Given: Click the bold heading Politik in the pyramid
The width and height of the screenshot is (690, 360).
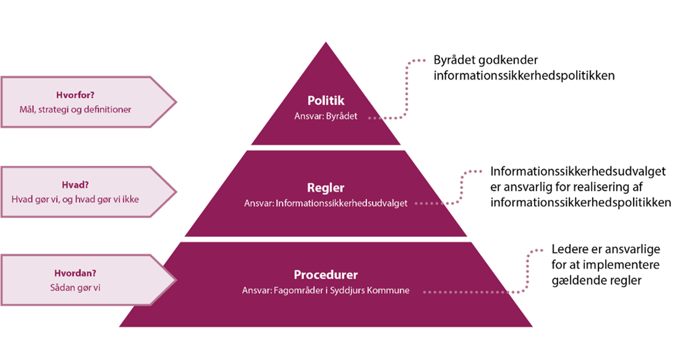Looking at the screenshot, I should pyautogui.click(x=326, y=101).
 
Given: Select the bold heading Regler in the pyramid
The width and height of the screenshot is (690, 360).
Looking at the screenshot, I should pyautogui.click(x=326, y=188).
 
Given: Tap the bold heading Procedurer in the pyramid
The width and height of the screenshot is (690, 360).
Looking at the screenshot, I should pyautogui.click(x=326, y=274).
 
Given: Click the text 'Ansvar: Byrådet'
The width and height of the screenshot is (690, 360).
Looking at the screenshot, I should pyautogui.click(x=326, y=117).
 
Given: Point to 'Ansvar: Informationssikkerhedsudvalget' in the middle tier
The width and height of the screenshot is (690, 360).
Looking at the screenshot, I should pyautogui.click(x=326, y=204).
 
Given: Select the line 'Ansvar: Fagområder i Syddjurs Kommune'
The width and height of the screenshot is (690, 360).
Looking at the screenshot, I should pyautogui.click(x=326, y=291).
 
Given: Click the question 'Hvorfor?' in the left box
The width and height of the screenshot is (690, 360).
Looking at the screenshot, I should pyautogui.click(x=75, y=95).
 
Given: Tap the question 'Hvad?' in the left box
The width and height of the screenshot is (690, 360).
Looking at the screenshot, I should pyautogui.click(x=75, y=185).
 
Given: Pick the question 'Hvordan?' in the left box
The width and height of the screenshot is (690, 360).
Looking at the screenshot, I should pyautogui.click(x=75, y=274).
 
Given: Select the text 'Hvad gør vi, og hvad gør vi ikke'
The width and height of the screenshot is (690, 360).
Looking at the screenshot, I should pyautogui.click(x=75, y=199).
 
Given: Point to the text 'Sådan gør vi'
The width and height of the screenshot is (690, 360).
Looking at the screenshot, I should pyautogui.click(x=75, y=288).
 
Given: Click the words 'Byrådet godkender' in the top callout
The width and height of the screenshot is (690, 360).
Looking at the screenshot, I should pyautogui.click(x=485, y=60).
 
